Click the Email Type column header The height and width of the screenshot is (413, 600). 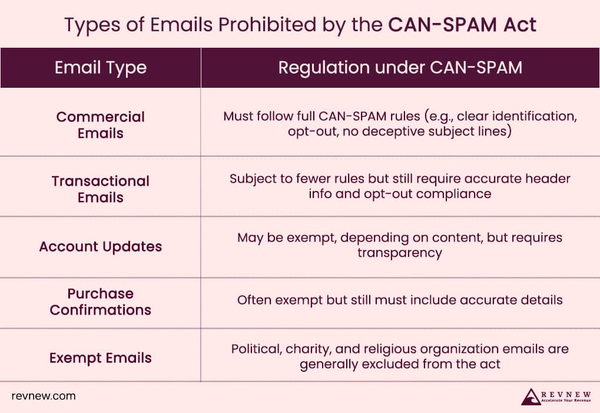pyautogui.click(x=100, y=68)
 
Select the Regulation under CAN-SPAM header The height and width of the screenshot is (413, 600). pyautogui.click(x=400, y=68)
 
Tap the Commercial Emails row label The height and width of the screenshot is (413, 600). pyautogui.click(x=100, y=125)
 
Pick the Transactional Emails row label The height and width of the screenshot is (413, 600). pyautogui.click(x=100, y=189)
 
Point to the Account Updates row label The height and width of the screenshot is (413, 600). pyautogui.click(x=100, y=246)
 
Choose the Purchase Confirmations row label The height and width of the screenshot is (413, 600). pyautogui.click(x=100, y=302)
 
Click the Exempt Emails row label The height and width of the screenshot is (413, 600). pyautogui.click(x=100, y=358)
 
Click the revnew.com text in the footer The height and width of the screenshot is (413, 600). pyautogui.click(x=44, y=396)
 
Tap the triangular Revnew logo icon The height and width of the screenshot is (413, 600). pyautogui.click(x=531, y=396)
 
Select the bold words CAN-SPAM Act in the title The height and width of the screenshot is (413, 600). pyautogui.click(x=462, y=25)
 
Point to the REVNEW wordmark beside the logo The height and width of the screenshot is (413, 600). pyautogui.click(x=565, y=392)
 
